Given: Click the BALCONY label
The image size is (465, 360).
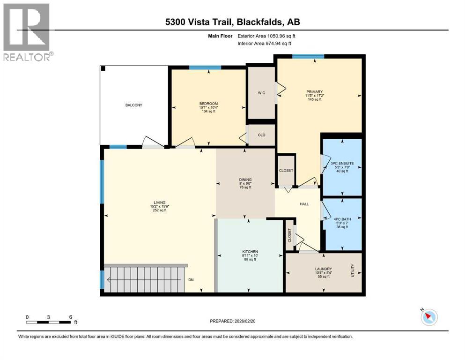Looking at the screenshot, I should coord(133,105).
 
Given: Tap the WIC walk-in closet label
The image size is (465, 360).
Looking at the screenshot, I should coord(261,93).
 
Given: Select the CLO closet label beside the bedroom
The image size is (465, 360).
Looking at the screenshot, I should coord(261,135).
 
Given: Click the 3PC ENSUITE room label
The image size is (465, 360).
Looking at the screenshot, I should coord(342,164).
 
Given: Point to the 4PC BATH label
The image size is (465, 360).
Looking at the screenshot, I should coord(342,219).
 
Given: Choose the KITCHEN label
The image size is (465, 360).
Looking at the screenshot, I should coord(250,252).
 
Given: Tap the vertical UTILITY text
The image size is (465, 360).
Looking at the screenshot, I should coord(353,271).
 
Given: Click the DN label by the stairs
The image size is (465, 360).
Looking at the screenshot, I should coord(191,280).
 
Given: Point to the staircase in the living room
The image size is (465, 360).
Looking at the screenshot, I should coord(145,280).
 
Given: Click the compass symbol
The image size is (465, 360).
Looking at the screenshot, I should coord(428,317).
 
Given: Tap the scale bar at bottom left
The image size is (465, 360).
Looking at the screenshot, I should coord(49,322).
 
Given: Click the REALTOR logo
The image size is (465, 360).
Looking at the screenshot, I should coord(27,32).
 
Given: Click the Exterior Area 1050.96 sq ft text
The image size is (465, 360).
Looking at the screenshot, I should coord(267,36).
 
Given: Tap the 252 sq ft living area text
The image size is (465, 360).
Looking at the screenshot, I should coord(159,210).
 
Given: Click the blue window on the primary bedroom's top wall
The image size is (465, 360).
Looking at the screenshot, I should coord(308,57).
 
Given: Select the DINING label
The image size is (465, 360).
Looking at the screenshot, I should coord(245,180).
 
